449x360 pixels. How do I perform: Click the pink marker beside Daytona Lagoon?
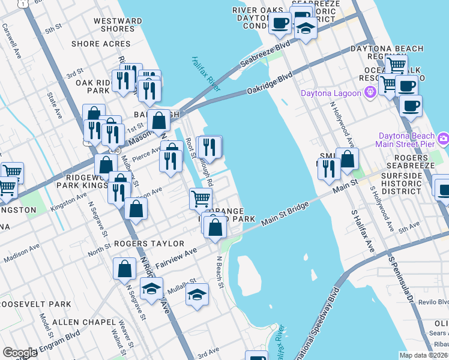point(371,92)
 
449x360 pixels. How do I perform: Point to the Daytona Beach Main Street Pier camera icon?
point(444,139)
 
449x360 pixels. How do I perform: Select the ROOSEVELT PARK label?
point(35,304)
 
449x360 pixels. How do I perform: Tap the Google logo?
point(20,352)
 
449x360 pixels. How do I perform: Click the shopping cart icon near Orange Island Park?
point(200,197)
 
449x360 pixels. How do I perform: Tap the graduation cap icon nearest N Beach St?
point(196,294)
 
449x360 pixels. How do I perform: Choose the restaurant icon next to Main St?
point(328,167)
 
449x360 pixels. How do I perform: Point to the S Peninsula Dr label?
point(402,279)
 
